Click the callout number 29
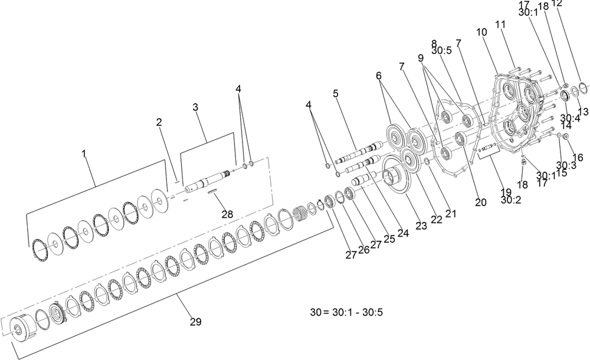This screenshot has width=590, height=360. [x=195, y=322]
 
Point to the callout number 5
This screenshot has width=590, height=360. [x=336, y=93]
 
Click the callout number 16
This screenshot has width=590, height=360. [x=577, y=158]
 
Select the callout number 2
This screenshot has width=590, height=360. [x=159, y=122]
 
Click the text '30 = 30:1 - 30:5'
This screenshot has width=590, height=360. [x=348, y=311]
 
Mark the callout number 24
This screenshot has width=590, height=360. [x=403, y=233]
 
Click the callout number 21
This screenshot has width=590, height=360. [x=451, y=214]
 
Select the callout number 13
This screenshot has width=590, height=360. [x=583, y=112]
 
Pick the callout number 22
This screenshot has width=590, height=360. [x=436, y=219]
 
